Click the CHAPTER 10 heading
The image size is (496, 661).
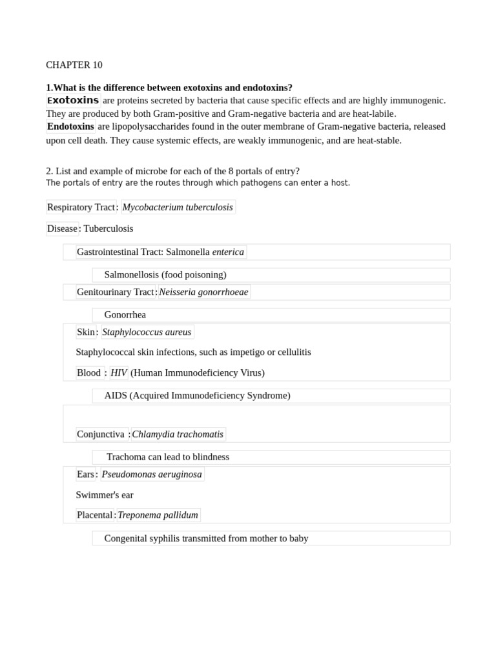tap(74, 65)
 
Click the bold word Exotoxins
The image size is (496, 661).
tap(73, 101)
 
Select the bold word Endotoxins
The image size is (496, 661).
tap(70, 127)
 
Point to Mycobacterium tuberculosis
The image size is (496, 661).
tap(178, 207)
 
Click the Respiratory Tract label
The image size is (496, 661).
tap(81, 207)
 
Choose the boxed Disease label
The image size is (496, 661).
tap(62, 229)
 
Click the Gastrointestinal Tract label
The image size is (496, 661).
tap(119, 252)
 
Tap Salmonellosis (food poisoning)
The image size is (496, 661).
tap(165, 275)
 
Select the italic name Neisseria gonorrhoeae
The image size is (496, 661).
tap(203, 292)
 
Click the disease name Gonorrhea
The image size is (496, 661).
tap(125, 315)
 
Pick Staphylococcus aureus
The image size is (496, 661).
tap(147, 332)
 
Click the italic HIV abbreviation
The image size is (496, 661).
tap(119, 372)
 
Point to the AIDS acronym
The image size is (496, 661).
tap(116, 396)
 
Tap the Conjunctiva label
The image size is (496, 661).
tap(100, 434)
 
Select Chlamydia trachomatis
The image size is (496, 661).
tap(178, 434)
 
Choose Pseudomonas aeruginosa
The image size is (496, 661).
tap(152, 474)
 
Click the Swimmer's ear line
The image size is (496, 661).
tap(105, 495)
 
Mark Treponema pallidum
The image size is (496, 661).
tap(158, 515)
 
